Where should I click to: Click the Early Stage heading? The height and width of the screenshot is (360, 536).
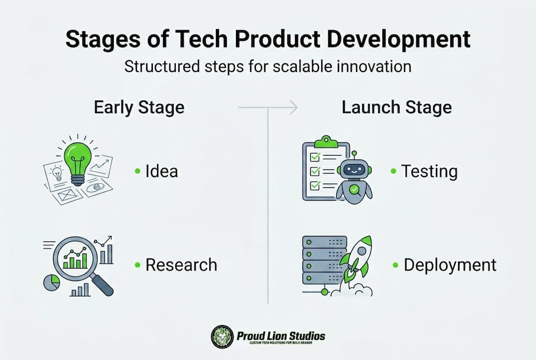point(139,107)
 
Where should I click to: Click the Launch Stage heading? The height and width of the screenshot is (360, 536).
point(397,107)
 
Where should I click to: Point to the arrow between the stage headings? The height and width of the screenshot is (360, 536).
point(268,107)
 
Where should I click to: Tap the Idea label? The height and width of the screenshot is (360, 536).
point(161,171)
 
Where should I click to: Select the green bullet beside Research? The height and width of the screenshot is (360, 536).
point(137,265)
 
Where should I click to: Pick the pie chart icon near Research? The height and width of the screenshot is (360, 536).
point(51,282)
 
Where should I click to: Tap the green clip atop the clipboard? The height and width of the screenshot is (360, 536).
point(326,140)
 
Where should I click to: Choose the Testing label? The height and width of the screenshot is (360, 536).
point(430,171)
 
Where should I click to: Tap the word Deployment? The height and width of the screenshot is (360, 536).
point(450,265)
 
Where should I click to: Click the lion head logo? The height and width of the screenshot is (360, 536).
point(222,336)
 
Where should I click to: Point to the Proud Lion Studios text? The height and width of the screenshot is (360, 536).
point(281,335)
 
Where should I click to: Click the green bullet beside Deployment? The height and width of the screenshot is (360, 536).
point(396,265)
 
